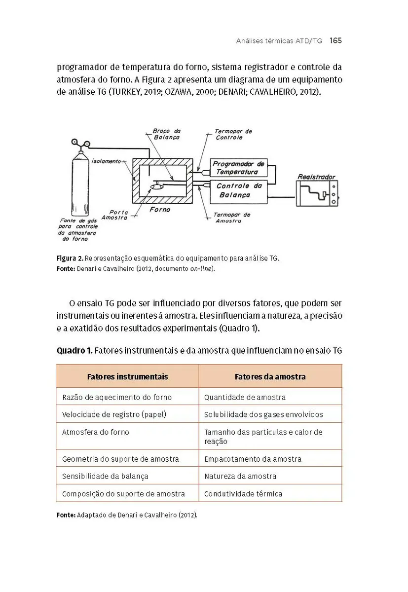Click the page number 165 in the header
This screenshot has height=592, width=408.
pyautogui.click(x=335, y=40)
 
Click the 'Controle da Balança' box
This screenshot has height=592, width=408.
pyautogui.click(x=239, y=190)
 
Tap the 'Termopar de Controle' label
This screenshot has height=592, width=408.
pyautogui.click(x=232, y=134)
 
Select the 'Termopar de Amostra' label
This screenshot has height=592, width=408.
pyautogui.click(x=232, y=218)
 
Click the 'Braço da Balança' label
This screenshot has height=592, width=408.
pyautogui.click(x=166, y=134)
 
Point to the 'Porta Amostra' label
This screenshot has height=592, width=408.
pyautogui.click(x=115, y=215)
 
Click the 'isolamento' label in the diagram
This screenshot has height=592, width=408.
pyautogui.click(x=106, y=161)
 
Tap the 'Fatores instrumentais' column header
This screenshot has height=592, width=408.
pyautogui.click(x=127, y=376)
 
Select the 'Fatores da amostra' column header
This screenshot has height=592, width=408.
pyautogui.click(x=270, y=376)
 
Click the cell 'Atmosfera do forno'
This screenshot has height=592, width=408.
pyautogui.click(x=95, y=432)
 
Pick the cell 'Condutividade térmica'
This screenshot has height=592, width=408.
pyautogui.click(x=243, y=493)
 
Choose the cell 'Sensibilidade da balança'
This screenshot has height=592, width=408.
pyautogui.click(x=105, y=476)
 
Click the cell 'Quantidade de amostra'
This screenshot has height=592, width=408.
pyautogui.click(x=245, y=397)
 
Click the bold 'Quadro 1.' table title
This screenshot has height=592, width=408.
pyautogui.click(x=74, y=351)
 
